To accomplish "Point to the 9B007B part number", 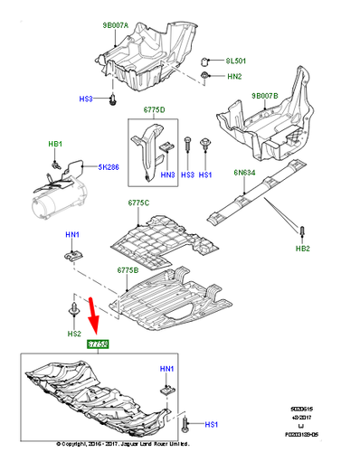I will coord(266,95).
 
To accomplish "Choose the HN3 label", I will coord(167,174).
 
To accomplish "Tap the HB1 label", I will coord(55,144).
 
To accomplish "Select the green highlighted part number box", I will coord(97,344).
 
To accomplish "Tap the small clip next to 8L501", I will coord(207,61).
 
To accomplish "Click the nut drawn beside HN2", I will coord(207,79).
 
